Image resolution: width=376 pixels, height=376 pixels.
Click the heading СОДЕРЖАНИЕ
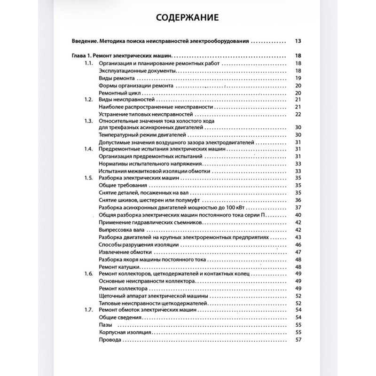click(x=188, y=18)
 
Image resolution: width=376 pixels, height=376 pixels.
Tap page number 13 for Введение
click(x=298, y=41)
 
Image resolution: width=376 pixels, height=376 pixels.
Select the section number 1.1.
click(x=88, y=63)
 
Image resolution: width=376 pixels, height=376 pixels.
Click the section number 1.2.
click(x=88, y=100)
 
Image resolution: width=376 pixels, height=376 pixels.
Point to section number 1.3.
click(x=88, y=121)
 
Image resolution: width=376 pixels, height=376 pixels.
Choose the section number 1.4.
click(x=88, y=149)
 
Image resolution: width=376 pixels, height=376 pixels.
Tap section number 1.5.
click(x=88, y=178)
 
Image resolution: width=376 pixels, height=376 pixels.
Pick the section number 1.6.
click(x=88, y=274)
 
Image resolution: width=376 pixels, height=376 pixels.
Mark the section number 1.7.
click(x=88, y=310)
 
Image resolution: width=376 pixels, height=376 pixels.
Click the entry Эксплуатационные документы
click(x=131, y=70)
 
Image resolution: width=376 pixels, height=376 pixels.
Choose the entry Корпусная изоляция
click(x=125, y=332)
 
